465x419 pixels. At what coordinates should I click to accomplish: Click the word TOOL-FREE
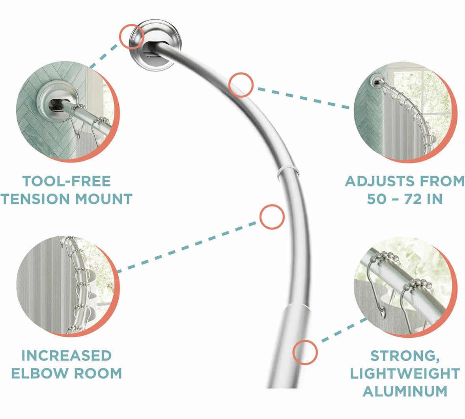66,181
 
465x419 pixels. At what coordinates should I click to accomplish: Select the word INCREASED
66,355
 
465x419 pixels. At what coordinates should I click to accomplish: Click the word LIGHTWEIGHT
405,373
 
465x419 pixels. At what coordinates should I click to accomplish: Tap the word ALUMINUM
405,391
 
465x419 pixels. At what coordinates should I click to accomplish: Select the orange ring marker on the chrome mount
132,36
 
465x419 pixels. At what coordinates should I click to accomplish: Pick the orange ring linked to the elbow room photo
272,217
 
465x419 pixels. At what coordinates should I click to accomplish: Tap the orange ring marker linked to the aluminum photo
305,352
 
